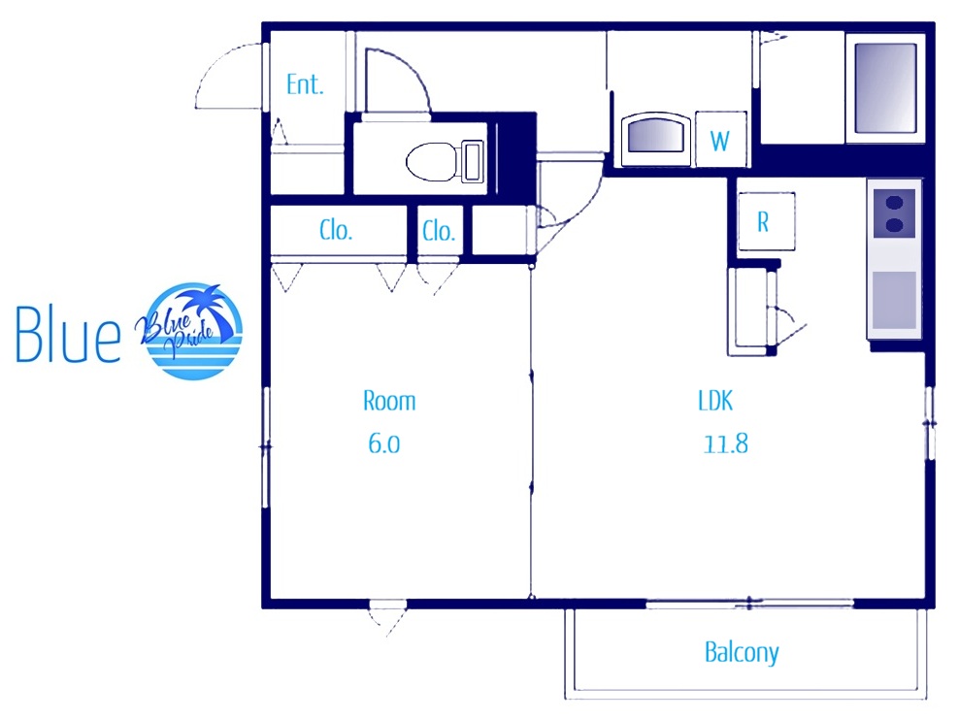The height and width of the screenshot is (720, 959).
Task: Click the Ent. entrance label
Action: point(305,84)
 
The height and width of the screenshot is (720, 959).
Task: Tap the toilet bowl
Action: point(431,162)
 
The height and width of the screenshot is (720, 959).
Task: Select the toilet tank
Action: point(472,161)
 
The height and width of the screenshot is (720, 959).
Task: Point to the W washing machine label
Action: point(720,142)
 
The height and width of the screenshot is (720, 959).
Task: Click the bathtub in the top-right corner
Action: point(885,87)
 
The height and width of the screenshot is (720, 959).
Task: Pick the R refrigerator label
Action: point(763,222)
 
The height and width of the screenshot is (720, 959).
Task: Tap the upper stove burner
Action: point(894,202)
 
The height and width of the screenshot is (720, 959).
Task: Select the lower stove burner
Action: point(894,225)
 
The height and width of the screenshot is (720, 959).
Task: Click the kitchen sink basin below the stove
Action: point(894,301)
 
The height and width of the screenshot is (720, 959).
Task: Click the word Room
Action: point(389,401)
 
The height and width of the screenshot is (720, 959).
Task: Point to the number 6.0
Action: point(384,443)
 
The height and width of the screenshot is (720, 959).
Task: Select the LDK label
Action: point(715,401)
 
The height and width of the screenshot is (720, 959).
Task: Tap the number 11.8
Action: point(725,443)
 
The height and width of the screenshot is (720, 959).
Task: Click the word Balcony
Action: point(742,652)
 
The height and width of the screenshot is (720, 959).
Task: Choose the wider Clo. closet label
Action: point(336,230)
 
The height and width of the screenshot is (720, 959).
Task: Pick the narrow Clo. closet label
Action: point(439,231)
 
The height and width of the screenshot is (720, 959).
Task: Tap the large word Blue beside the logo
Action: point(67,335)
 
